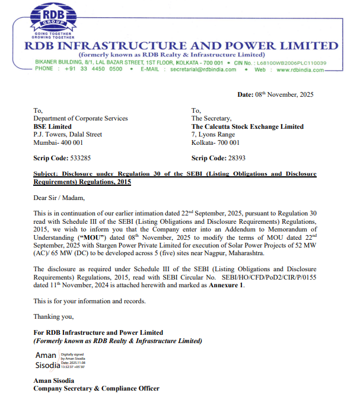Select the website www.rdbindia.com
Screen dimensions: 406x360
click(300, 69)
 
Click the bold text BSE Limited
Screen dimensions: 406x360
click(53, 126)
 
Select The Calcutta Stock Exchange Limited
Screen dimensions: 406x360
click(247, 126)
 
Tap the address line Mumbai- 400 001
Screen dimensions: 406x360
click(58, 142)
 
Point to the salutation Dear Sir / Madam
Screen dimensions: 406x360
click(59, 198)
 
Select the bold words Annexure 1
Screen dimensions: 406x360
click(227, 285)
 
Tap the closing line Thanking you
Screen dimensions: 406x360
click(53, 316)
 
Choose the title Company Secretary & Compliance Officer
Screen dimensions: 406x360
click(96, 388)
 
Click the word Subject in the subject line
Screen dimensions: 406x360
click(47, 174)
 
